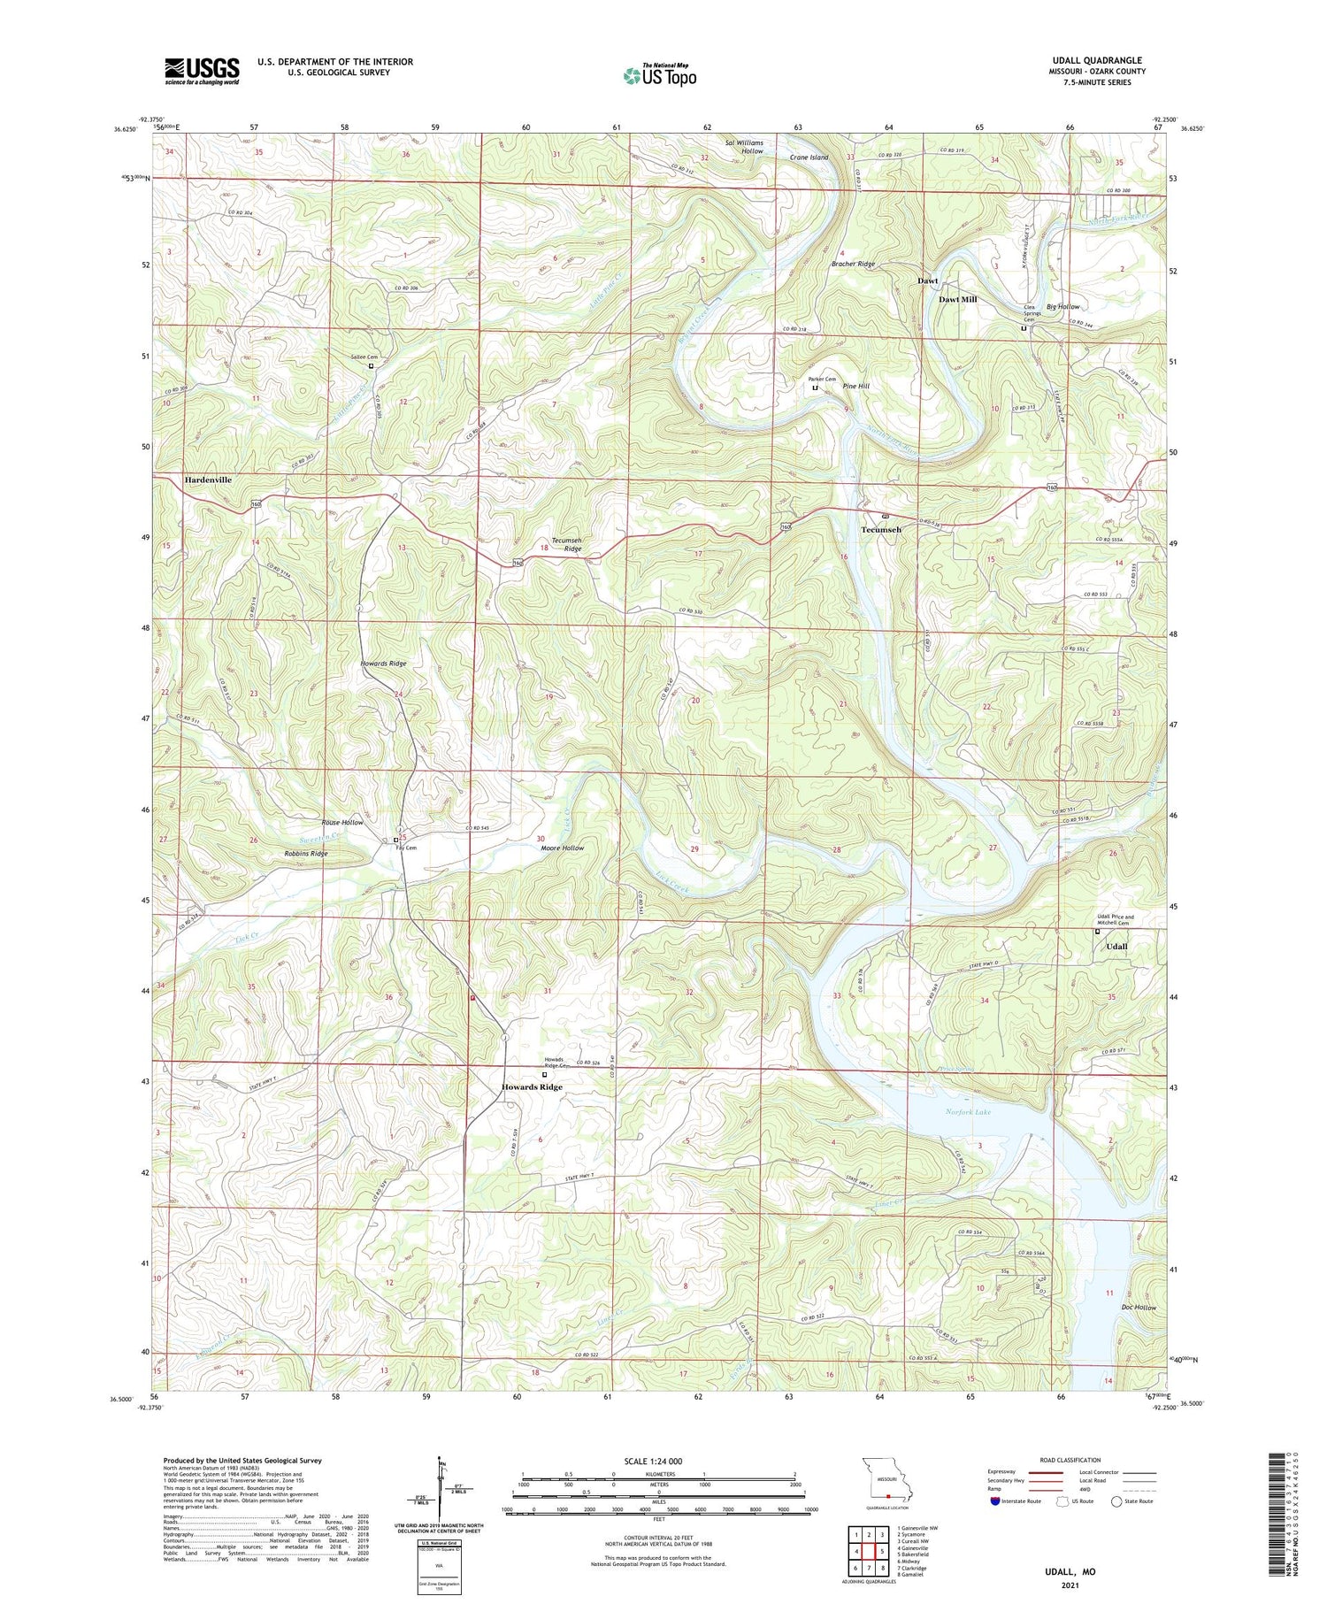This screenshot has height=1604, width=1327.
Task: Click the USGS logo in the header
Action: (x=202, y=71)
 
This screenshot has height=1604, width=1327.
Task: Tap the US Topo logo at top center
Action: (x=660, y=76)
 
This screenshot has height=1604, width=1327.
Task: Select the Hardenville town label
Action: (x=208, y=480)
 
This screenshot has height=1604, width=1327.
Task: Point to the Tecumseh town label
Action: (x=881, y=530)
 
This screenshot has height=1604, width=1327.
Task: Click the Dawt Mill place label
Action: (x=957, y=300)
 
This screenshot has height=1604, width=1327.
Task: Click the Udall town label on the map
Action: (x=1116, y=947)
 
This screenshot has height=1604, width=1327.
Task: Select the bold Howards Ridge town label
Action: (x=532, y=1087)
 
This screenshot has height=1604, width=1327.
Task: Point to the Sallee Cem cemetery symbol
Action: (x=371, y=365)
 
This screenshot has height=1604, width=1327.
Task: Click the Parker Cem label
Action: (x=822, y=379)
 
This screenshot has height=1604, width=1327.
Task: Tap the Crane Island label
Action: (x=809, y=157)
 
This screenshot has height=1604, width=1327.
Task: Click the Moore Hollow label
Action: (x=562, y=848)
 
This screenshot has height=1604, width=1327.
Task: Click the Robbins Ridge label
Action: (x=306, y=854)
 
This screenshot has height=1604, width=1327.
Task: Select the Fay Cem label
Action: (x=406, y=848)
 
